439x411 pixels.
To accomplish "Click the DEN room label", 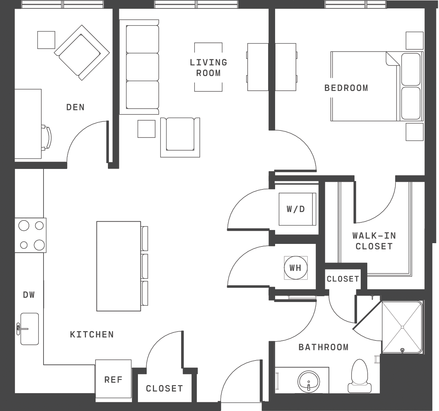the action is tap(75, 108).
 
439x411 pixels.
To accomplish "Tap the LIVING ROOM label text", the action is tap(209, 68).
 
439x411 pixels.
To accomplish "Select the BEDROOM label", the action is tap(346, 88).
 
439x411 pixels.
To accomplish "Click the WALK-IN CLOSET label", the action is tap(374, 241).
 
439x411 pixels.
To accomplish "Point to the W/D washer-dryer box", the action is tap(297, 209).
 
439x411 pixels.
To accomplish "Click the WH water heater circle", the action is tap(296, 268).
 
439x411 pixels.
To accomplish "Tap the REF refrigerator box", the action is tap(113, 380).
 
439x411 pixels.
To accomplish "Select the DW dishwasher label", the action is tap(29, 295).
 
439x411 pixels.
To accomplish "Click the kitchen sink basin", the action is tap(29, 329).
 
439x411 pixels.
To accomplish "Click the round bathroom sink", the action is tap(309, 382).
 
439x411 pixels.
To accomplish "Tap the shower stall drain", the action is tap(402, 327).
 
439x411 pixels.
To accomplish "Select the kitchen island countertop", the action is tap(119, 266).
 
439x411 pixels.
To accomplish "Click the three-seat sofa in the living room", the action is tap(139, 67).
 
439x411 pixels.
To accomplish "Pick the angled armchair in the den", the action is tap(82, 53).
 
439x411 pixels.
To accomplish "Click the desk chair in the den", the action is tap(46, 137).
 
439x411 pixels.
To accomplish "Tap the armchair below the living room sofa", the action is tap(180, 137).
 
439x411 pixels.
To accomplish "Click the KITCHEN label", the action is tap(92, 335).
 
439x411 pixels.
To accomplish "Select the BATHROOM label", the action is tap(323, 347).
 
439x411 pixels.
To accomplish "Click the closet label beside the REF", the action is tap(165, 389).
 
